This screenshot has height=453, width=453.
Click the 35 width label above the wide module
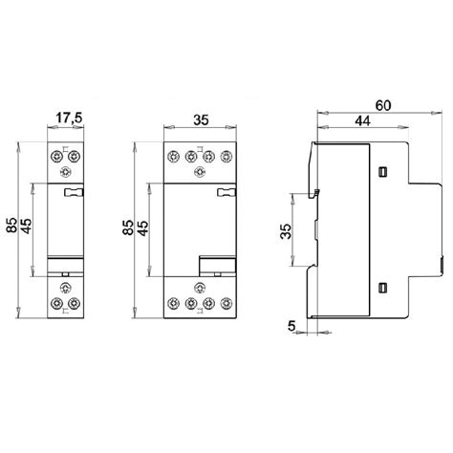pos(201,121)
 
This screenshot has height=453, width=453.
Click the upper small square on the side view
pos(382,172)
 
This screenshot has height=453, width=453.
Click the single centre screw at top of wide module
pos(199,173)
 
